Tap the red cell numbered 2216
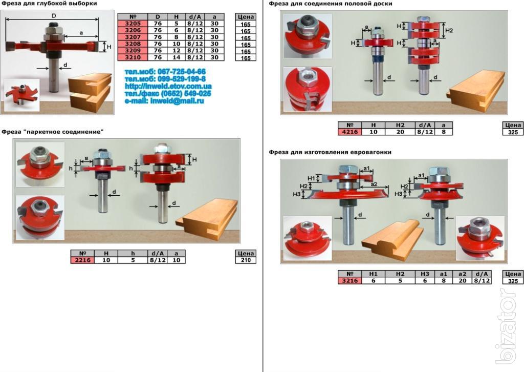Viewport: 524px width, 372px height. pyautogui.click(x=82, y=260)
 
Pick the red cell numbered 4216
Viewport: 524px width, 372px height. pyautogui.click(x=350, y=132)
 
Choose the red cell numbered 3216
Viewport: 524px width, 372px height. pyautogui.click(x=350, y=280)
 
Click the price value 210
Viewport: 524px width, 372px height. pyautogui.click(x=246, y=260)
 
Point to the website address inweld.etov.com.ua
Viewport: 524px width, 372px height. pyautogui.click(x=168, y=87)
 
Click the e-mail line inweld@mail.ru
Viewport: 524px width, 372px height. pyautogui.click(x=164, y=101)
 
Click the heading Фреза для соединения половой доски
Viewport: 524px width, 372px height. pyautogui.click(x=331, y=4)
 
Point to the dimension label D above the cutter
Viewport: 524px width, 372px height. pyautogui.click(x=54, y=16)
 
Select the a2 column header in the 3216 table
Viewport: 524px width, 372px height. pyautogui.click(x=462, y=274)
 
